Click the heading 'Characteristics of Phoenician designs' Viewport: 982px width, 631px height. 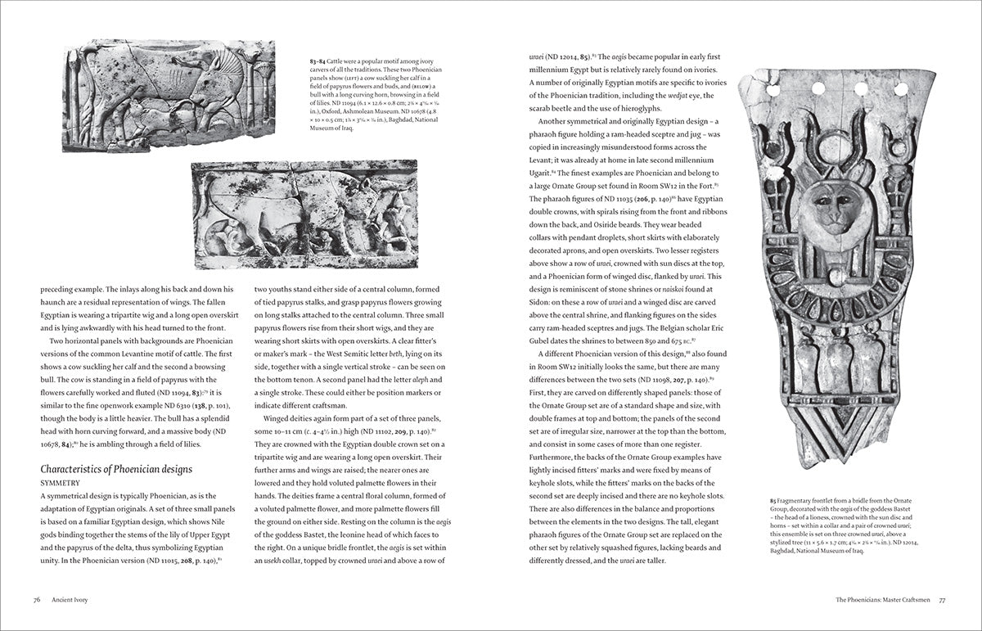click(x=116, y=469)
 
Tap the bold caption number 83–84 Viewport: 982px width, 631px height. click(x=310, y=62)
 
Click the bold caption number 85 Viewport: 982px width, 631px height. click(x=773, y=498)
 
